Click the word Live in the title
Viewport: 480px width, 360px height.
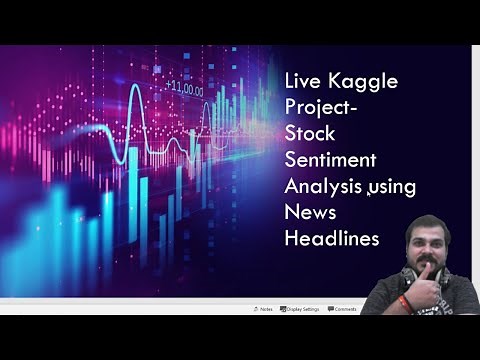(x=304, y=81)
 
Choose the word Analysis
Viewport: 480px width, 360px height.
(x=323, y=187)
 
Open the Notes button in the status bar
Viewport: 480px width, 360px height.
(x=263, y=309)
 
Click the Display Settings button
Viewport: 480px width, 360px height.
(x=300, y=309)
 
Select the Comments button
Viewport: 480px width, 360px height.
(x=342, y=309)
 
